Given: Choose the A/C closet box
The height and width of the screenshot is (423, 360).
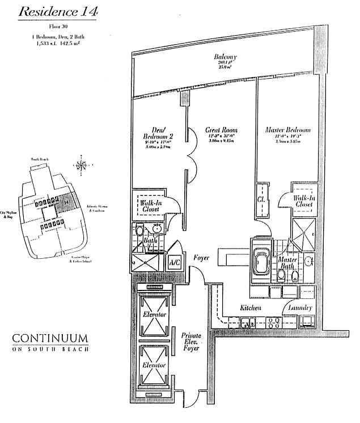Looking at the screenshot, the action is pos(174,263).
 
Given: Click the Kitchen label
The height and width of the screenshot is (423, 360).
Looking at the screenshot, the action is pos(250,307).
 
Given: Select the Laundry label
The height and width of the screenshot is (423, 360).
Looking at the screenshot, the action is pos(300,307).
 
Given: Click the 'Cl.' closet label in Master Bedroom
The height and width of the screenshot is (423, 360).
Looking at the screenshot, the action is pos(262,199).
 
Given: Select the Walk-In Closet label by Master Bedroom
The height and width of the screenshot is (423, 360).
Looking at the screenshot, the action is pos(303,202).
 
